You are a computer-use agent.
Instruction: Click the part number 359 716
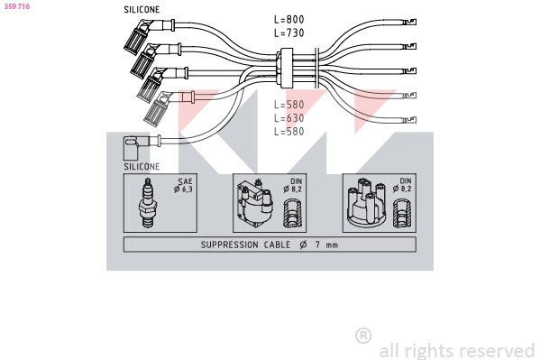[17, 6]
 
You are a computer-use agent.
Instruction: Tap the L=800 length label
[289, 19]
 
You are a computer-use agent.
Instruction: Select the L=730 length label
[289, 32]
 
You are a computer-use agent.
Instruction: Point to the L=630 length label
[289, 118]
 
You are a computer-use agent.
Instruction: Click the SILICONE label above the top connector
[142, 10]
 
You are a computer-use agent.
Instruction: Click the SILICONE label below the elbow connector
[142, 167]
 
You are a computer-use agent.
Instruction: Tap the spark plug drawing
[148, 203]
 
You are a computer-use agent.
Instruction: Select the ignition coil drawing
[254, 203]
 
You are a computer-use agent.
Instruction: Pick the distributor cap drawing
[366, 203]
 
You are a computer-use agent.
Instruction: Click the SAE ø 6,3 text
[184, 185]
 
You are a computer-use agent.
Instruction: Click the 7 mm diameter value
[326, 245]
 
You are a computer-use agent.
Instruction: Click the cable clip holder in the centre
[287, 68]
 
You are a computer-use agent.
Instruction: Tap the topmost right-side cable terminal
[409, 22]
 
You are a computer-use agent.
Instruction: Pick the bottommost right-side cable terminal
[409, 120]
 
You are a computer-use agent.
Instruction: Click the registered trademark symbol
[363, 336]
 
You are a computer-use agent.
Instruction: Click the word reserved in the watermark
[497, 351]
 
